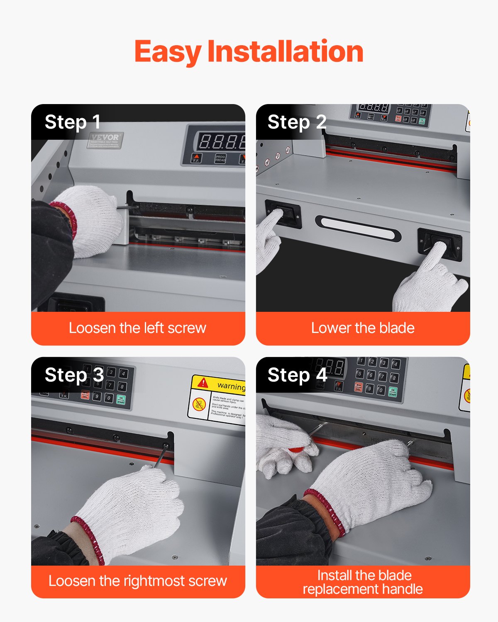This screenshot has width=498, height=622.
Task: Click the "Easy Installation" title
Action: coord(249,52)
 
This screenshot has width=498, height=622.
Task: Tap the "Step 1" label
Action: coord(73,122)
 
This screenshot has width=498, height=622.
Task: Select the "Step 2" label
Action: coord(297,122)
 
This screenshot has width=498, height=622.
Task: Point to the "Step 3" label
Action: coord(74,375)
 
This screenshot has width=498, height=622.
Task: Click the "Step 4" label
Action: coord(297,375)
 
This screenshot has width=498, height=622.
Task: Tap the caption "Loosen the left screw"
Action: coord(137,328)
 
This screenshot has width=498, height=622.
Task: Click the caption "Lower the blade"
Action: coord(363,328)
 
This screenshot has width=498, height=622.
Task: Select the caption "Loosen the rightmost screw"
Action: coord(137,581)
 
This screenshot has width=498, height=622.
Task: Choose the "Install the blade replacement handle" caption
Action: coord(363,582)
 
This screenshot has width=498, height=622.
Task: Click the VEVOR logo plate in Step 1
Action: coord(105,140)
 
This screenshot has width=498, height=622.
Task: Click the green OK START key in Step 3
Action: coord(121,400)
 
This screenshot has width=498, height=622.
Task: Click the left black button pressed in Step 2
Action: coord(283,213)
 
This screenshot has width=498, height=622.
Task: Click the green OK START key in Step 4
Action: coord(393,392)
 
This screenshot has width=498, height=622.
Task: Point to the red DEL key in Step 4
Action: coord(358,387)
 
